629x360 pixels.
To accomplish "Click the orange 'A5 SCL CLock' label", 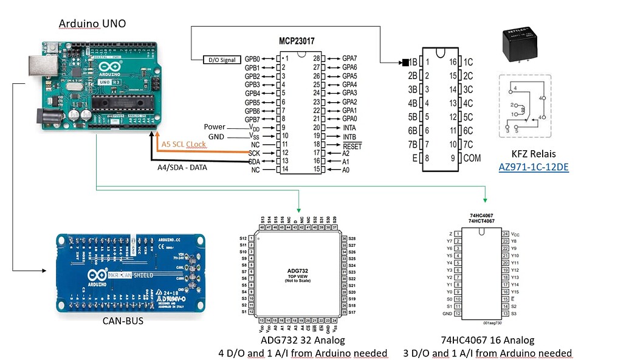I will pos(184,144).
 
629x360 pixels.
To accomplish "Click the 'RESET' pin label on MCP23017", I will pos(351,146).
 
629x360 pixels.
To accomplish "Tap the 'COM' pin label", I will pos(472,157).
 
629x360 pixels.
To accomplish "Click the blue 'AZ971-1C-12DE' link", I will pos(534,166).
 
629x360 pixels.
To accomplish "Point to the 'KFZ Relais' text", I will pos(534,154).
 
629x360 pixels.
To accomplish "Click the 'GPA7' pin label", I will pos(349,58).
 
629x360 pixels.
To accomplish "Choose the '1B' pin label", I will pos(413,62).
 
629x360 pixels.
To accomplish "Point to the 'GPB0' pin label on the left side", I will pos(252,58).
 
